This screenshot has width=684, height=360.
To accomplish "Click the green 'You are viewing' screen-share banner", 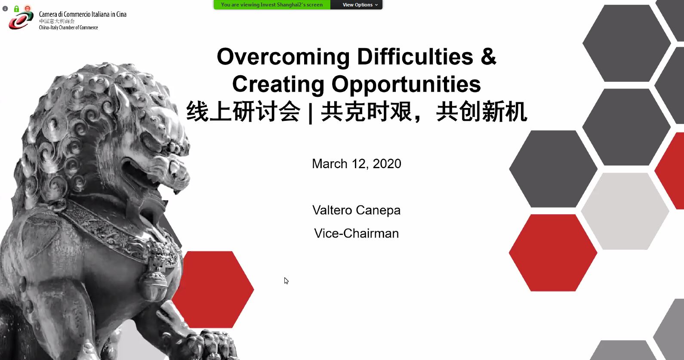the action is [x=272, y=5].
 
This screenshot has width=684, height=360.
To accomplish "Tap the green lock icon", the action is [x=16, y=9].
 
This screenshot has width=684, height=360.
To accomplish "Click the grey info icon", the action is [x=5, y=9].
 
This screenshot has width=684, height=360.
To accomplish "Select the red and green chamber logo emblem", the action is [x=21, y=20].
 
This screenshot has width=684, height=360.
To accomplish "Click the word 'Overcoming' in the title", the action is [x=283, y=57].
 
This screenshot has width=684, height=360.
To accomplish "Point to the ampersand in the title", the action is [x=489, y=56].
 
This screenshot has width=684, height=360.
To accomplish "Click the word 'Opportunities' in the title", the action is [x=406, y=84].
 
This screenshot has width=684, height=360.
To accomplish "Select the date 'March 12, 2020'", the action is [x=356, y=164].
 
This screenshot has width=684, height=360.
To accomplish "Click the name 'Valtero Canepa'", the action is [x=356, y=210].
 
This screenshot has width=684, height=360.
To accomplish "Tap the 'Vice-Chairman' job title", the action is [x=356, y=233].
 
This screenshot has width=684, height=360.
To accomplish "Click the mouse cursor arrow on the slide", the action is [x=286, y=280].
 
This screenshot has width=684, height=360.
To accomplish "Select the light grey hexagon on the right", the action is [x=625, y=211].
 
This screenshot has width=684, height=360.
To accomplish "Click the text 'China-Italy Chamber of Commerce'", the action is [x=68, y=28].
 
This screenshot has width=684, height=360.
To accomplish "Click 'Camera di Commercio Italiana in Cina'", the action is [x=83, y=14].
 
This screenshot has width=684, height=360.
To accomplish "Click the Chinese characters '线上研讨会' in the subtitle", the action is [x=243, y=112].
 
